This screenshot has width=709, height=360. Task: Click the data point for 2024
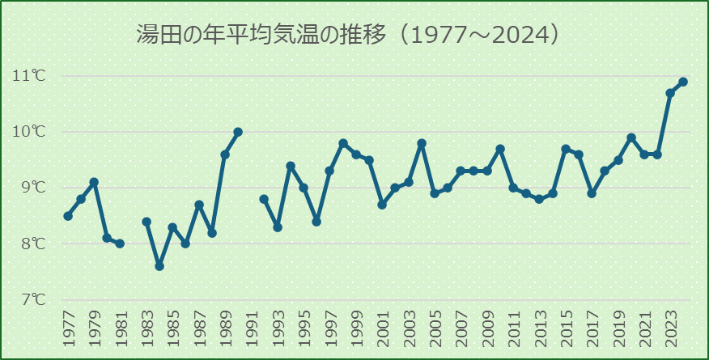(683, 82)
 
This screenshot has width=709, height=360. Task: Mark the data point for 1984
(159, 266)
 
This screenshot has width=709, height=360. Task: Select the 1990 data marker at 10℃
(238, 132)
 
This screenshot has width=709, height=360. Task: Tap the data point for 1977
(68, 216)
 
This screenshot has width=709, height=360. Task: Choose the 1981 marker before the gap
(120, 244)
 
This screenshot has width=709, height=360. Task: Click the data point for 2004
(422, 143)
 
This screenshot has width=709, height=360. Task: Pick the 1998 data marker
(343, 143)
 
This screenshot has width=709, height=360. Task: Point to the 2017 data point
(592, 193)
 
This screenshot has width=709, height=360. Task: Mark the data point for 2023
(670, 93)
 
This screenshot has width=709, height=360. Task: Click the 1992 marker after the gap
(264, 199)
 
